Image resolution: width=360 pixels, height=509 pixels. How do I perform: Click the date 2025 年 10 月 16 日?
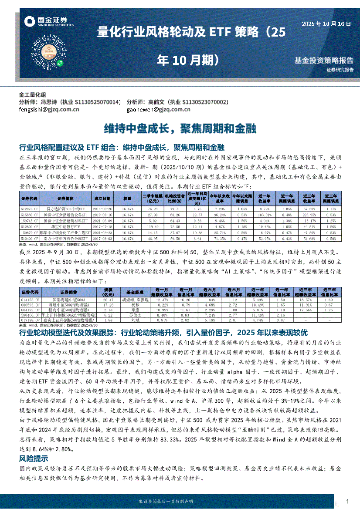pyautogui.click(x=326, y=24)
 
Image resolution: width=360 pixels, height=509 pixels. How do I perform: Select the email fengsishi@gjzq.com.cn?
pyautogui.click(x=49, y=110)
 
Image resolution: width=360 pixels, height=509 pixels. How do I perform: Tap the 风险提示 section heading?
pyautogui.click(x=34, y=458)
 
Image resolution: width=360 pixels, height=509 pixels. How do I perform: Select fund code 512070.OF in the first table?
pyautogui.click(x=30, y=209)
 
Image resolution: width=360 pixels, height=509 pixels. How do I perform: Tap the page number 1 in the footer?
pyautogui.click(x=347, y=501)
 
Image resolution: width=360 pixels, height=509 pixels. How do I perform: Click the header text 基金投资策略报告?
pyautogui.click(x=324, y=60)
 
